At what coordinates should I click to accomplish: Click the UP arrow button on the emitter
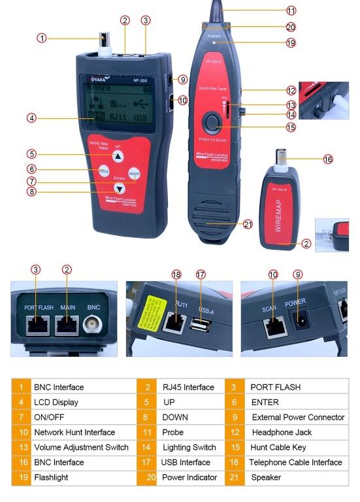117,156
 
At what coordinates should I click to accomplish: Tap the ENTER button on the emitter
103,171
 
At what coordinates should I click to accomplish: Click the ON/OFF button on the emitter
133,173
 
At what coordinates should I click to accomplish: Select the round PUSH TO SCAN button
212,122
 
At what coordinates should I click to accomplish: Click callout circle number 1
42,39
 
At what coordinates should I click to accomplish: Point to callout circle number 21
247,224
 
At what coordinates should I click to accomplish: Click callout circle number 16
328,159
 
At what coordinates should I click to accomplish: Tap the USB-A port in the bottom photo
197,324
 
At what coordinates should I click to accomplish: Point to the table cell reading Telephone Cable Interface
295,462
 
